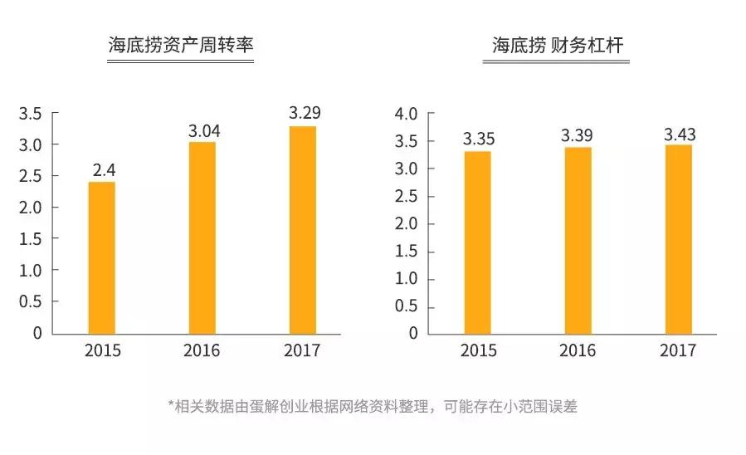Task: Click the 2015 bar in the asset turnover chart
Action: tap(102, 257)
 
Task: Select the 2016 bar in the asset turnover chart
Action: tap(202, 237)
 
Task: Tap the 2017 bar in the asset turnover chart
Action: tap(302, 229)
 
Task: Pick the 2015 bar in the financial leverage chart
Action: tap(477, 242)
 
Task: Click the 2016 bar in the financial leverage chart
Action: tap(578, 241)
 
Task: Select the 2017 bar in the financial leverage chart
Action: tap(678, 239)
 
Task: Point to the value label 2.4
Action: tap(104, 170)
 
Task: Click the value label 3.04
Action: tap(203, 130)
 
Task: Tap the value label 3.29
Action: tap(305, 113)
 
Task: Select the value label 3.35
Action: tap(479, 139)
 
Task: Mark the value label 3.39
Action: tap(578, 135)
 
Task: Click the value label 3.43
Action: tap(679, 134)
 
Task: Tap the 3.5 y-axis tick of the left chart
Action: tap(30, 114)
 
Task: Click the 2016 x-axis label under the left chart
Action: tap(202, 350)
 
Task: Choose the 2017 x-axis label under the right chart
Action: tap(678, 350)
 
